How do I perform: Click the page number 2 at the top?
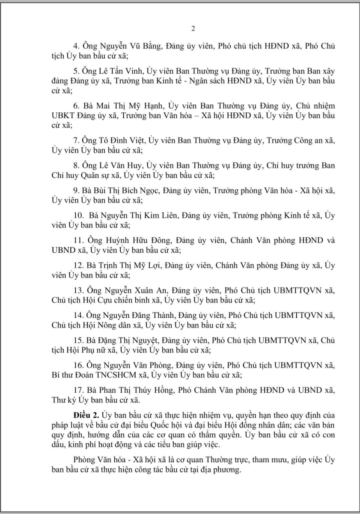[193, 29]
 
